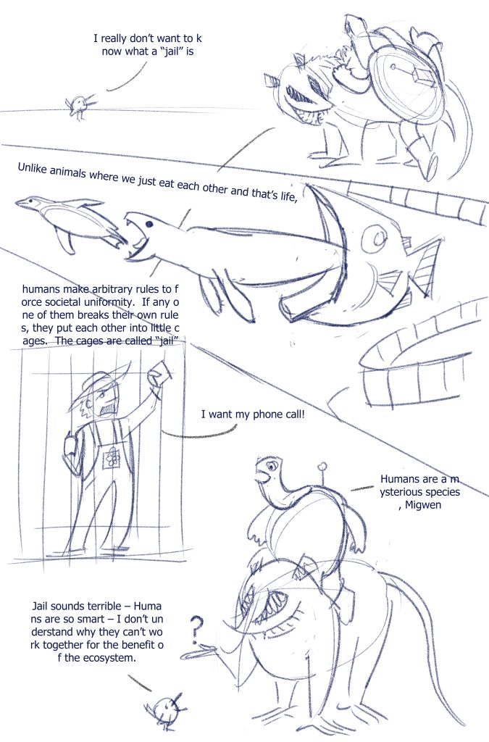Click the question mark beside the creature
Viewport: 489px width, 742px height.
198,629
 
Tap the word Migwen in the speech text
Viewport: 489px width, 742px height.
423,505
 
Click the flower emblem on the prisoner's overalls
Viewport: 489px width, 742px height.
112,458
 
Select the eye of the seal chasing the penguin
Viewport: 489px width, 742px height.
149,224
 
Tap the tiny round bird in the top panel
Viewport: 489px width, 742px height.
78,105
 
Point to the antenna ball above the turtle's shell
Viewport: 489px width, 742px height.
322,467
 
